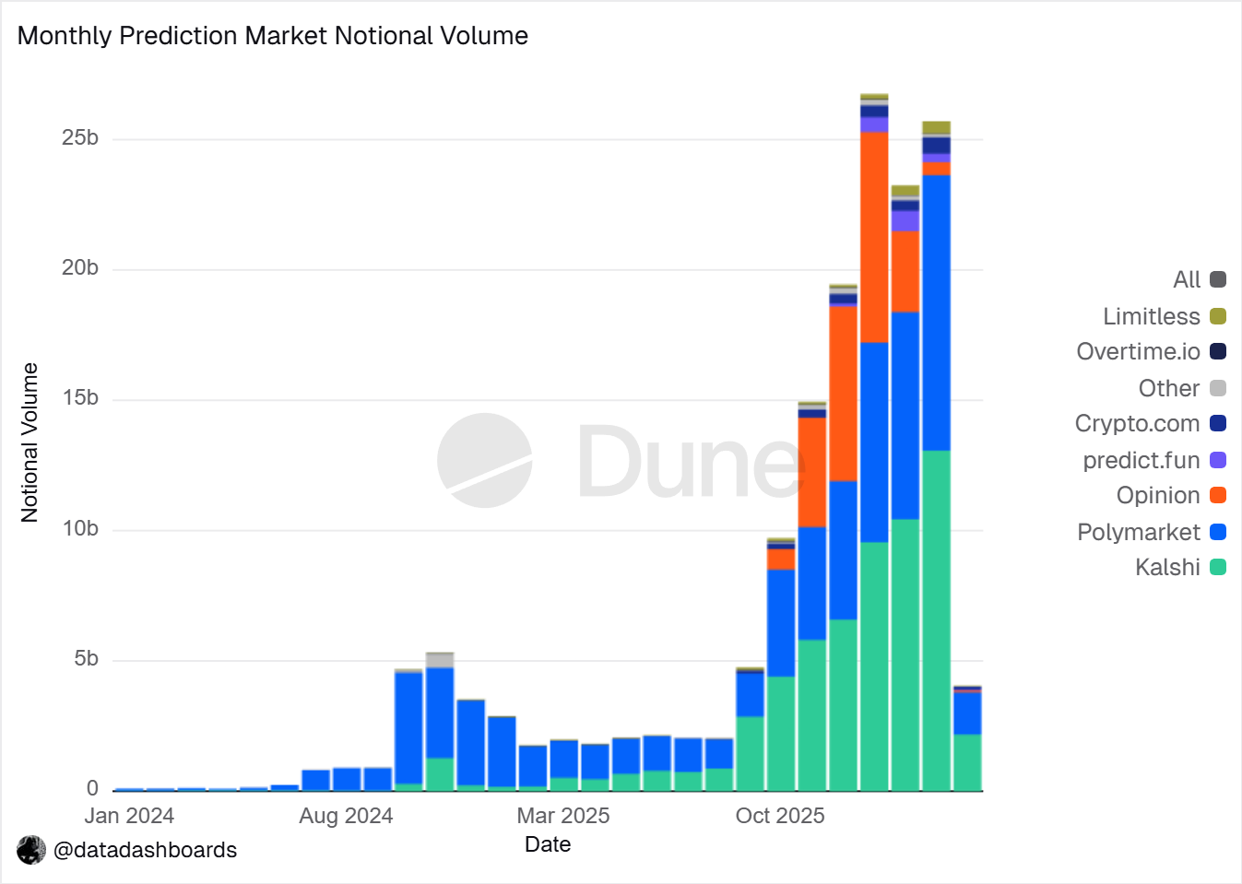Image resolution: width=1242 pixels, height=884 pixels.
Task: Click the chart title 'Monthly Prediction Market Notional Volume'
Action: [273, 36]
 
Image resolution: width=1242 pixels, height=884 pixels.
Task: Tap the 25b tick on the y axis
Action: [80, 138]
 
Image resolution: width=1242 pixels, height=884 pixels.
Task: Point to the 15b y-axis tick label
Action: [80, 398]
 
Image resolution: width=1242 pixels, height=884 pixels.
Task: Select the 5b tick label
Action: [86, 659]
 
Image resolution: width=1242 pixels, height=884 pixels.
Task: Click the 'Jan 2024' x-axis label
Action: [129, 816]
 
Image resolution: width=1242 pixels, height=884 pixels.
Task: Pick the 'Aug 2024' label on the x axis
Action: [346, 816]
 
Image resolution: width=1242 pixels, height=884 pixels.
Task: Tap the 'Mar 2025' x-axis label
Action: [563, 816]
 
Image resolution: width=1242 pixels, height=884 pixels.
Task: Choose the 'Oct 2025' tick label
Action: [780, 816]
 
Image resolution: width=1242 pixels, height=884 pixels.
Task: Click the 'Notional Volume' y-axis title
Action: [30, 442]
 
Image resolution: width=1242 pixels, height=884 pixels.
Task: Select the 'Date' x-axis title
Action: [548, 844]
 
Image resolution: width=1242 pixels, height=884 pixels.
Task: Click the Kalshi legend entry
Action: [1180, 568]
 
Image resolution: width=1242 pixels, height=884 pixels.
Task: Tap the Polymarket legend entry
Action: [1152, 533]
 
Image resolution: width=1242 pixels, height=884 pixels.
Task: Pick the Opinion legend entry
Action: [1171, 496]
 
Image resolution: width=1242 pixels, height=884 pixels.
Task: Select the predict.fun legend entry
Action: [1154, 460]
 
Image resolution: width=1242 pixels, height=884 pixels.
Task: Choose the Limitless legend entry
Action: [1165, 317]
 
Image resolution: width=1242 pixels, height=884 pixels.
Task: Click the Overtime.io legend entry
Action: [1152, 352]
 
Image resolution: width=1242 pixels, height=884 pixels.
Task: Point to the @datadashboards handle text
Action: [145, 850]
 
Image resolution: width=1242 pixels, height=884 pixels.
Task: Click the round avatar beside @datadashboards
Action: [31, 850]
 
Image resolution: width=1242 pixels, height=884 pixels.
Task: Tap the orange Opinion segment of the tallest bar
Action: [874, 237]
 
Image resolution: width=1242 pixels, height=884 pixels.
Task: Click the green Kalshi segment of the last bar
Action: [967, 762]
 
